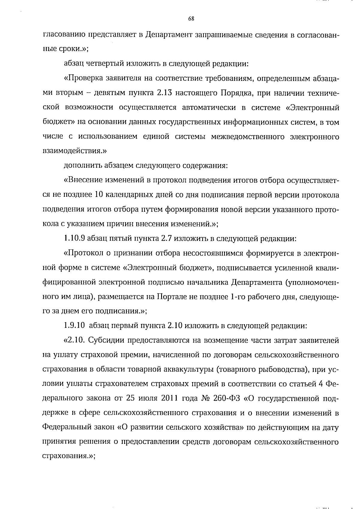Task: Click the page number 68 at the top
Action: coord(191,19)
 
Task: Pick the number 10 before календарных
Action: coord(99,195)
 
